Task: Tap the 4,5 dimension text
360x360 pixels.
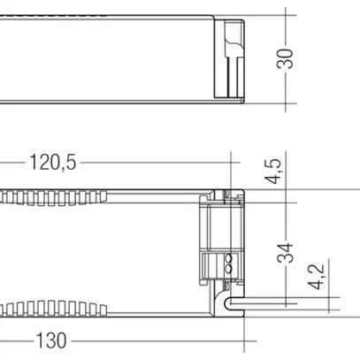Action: click(x=275, y=169)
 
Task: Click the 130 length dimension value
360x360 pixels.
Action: click(x=52, y=340)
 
